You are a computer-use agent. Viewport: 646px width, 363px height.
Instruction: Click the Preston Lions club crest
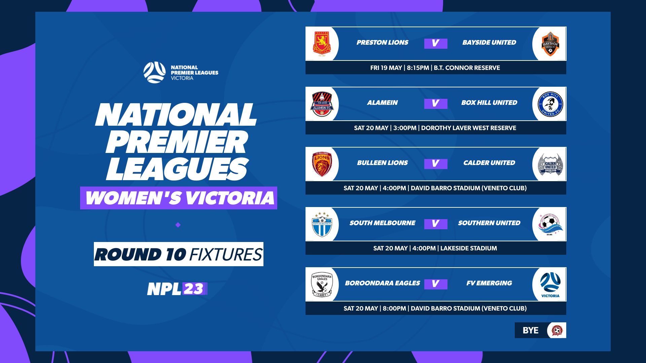click(322, 44)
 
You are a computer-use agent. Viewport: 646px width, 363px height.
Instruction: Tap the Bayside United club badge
click(550, 44)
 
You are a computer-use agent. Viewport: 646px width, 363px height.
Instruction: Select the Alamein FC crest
click(322, 104)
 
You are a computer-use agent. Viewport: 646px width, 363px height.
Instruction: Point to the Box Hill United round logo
click(550, 104)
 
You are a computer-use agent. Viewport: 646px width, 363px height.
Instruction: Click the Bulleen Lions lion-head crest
click(322, 164)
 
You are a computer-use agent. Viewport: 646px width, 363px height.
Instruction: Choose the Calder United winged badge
click(550, 164)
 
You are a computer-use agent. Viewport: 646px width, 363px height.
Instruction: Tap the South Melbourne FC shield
click(322, 224)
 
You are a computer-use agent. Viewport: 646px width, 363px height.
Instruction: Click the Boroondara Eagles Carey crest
click(322, 284)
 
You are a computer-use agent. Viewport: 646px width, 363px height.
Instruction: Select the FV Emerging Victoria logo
click(550, 284)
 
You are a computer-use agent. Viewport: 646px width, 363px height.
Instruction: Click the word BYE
click(530, 330)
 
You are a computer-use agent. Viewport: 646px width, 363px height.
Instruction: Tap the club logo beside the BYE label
click(557, 330)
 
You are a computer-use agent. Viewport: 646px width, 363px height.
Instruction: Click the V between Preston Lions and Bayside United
click(435, 43)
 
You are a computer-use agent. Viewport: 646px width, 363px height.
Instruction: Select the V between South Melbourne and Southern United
click(435, 224)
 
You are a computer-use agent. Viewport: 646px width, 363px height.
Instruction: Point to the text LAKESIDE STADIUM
click(468, 248)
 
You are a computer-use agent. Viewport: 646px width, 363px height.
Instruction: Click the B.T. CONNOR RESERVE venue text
click(467, 68)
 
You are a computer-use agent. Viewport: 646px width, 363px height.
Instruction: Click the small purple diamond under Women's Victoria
click(178, 225)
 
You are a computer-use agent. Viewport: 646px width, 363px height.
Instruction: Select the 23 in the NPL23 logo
click(193, 289)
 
